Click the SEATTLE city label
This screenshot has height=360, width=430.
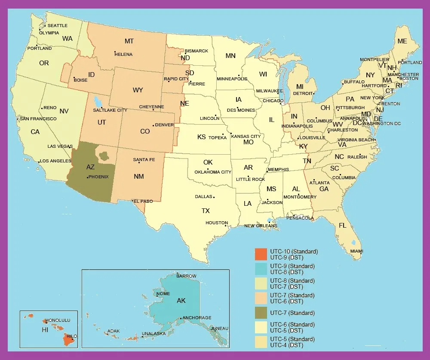(57, 26)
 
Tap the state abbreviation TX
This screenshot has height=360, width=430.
(206, 211)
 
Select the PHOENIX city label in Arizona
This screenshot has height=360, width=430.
(99, 177)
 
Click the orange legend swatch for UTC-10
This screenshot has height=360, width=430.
(261, 254)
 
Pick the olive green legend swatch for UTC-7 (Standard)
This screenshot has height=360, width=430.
(261, 313)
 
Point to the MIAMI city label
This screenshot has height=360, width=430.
(356, 251)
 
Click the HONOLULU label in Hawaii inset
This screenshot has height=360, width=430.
(58, 320)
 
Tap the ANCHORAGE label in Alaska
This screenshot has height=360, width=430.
(197, 318)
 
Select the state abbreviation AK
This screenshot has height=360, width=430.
(181, 301)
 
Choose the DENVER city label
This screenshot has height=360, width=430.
(164, 125)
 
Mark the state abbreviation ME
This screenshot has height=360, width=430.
(402, 41)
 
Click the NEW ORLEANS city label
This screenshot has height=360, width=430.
(261, 226)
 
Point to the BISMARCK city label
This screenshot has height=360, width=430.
(197, 51)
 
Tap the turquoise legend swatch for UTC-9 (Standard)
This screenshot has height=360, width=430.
(261, 269)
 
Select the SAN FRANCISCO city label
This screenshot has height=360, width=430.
(38, 119)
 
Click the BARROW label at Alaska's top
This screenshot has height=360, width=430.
(186, 276)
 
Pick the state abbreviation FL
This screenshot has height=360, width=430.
(343, 226)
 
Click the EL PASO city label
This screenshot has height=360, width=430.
(143, 201)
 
